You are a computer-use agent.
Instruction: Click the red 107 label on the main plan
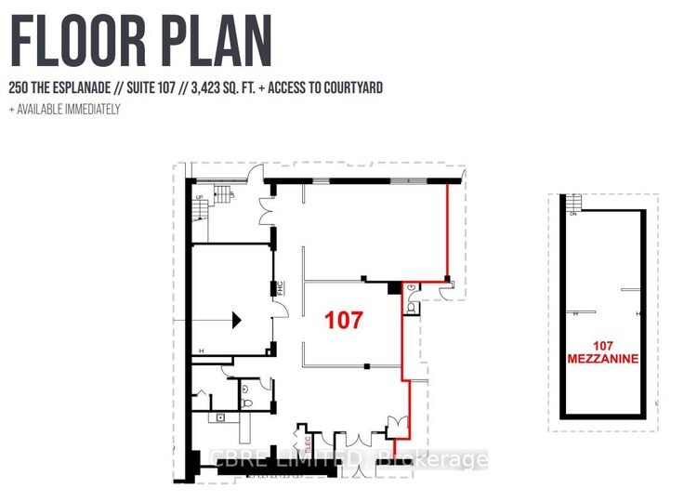click(343, 321)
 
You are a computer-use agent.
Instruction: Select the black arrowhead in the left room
click(236, 320)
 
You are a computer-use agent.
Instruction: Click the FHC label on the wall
click(278, 289)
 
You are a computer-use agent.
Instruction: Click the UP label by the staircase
click(197, 197)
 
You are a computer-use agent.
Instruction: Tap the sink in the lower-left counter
click(221, 417)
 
